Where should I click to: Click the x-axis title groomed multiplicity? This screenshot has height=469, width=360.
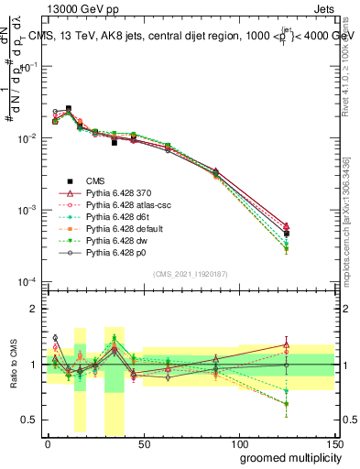click(x=286, y=456)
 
